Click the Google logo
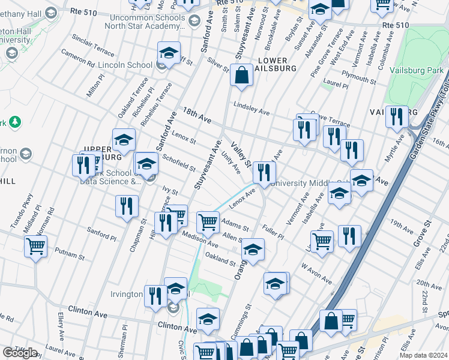click(x=20, y=353)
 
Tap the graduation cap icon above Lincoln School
click(x=169, y=53)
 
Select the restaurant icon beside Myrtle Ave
click(x=396, y=117)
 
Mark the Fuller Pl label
click(x=273, y=232)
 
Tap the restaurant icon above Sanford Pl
click(x=127, y=208)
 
